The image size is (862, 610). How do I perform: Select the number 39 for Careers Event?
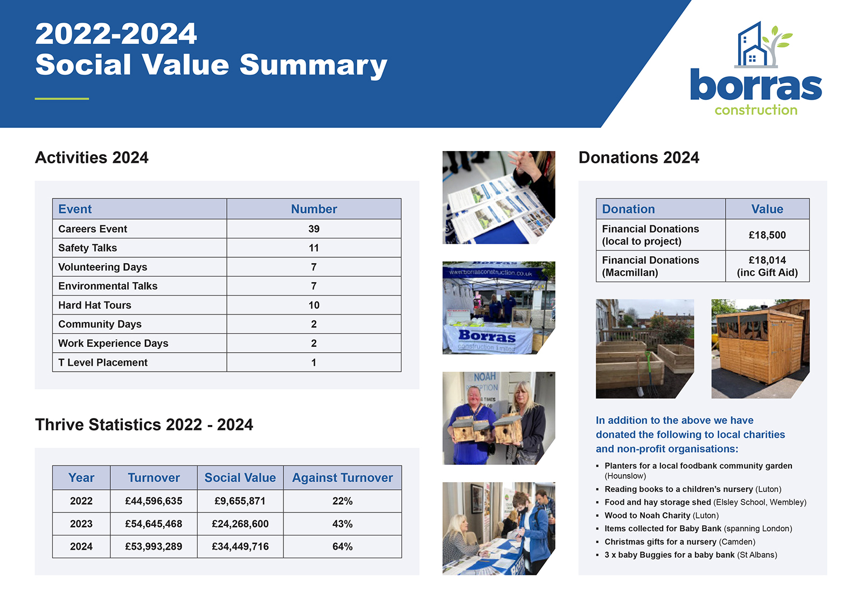pyautogui.click(x=314, y=229)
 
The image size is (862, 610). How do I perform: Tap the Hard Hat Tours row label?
pyautogui.click(x=95, y=305)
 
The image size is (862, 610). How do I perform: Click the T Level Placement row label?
pyautogui.click(x=103, y=362)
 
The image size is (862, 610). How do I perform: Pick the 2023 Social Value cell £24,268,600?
pyautogui.click(x=240, y=524)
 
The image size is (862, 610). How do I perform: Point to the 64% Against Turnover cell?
pyautogui.click(x=342, y=546)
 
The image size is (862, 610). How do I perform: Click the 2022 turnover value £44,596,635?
pyautogui.click(x=154, y=501)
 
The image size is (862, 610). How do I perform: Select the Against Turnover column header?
pyautogui.click(x=342, y=478)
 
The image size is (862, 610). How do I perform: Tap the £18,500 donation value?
pyautogui.click(x=767, y=235)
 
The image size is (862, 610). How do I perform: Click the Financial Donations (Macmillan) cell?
pyautogui.click(x=650, y=266)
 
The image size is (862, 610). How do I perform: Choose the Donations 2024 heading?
pyautogui.click(x=638, y=157)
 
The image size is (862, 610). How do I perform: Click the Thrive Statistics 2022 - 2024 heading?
pyautogui.click(x=144, y=425)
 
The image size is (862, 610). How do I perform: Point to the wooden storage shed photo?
pyautogui.click(x=760, y=348)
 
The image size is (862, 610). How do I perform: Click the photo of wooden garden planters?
pyautogui.click(x=644, y=348)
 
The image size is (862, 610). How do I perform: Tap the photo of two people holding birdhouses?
pyautogui.click(x=498, y=418)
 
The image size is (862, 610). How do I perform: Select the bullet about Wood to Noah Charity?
pyautogui.click(x=662, y=516)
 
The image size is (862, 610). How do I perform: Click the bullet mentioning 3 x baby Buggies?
pyautogui.click(x=691, y=555)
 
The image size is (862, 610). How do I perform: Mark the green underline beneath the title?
pyautogui.click(x=62, y=99)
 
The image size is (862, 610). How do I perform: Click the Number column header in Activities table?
pyautogui.click(x=314, y=209)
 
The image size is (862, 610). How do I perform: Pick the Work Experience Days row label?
pyautogui.click(x=113, y=344)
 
